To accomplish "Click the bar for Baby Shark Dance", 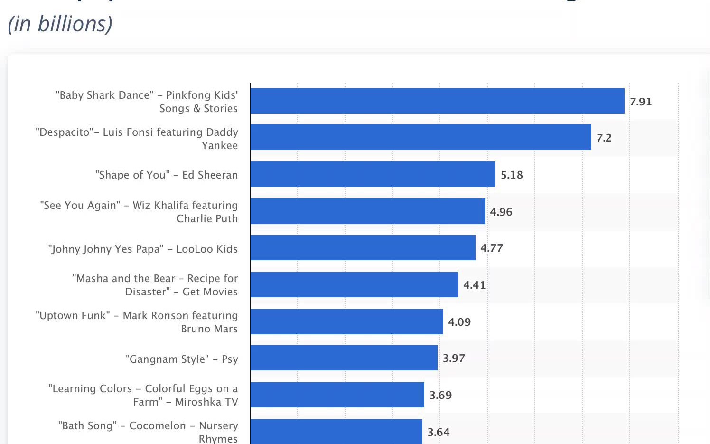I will [x=437, y=101].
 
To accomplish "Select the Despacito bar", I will [x=420, y=138].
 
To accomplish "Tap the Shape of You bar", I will [x=373, y=174].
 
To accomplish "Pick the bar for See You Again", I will [x=367, y=211].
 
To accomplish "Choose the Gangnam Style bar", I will [x=344, y=358].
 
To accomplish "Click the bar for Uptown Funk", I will [x=346, y=321].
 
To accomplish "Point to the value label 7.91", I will [x=641, y=102].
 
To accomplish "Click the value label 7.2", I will [x=604, y=138].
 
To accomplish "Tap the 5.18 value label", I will [x=512, y=175].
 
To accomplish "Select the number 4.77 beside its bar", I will [x=491, y=248].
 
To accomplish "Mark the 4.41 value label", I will [x=474, y=285].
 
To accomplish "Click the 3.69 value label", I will [x=440, y=395].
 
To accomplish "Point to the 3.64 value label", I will [x=439, y=432].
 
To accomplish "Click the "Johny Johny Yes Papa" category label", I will [x=143, y=249].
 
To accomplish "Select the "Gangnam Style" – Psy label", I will [x=182, y=359].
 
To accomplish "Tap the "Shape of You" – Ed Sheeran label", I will [x=167, y=175].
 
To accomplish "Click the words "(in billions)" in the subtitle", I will [x=60, y=24].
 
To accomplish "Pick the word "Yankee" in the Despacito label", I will [x=219, y=145].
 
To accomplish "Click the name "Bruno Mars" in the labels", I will [x=209, y=329].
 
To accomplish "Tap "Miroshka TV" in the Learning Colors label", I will [x=206, y=402].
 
